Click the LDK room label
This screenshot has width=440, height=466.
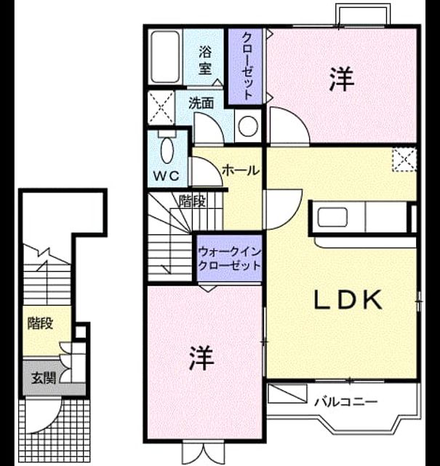pyautogui.click(x=348, y=299)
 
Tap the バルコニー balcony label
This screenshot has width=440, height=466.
pyautogui.click(x=346, y=403)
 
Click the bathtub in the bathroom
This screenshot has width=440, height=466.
pyautogui.click(x=165, y=57)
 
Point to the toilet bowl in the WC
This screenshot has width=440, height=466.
pyautogui.click(x=167, y=150)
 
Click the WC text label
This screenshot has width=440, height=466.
pyautogui.click(x=167, y=176)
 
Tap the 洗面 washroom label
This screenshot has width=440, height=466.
pyautogui.click(x=201, y=103)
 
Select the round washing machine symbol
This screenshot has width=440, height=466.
pyautogui.click(x=248, y=126)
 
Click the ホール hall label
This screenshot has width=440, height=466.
pyautogui.click(x=241, y=170)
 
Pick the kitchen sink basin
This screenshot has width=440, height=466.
pyautogui.click(x=332, y=217)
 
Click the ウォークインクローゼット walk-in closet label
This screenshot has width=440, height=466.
pyautogui.click(x=229, y=258)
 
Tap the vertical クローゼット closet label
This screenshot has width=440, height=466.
pyautogui.click(x=247, y=66)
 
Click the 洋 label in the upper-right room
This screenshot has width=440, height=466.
pyautogui.click(x=342, y=79)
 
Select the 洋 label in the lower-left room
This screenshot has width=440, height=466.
pyautogui.click(x=202, y=358)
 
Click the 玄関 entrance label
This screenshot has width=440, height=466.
pyautogui.click(x=44, y=378)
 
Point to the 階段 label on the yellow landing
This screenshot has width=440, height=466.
pyautogui.click(x=41, y=323)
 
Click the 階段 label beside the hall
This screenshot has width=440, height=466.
pyautogui.click(x=192, y=202)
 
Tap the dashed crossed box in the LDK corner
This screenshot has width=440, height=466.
pyautogui.click(x=404, y=160)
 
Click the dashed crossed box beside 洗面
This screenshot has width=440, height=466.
pyautogui.click(x=161, y=107)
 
